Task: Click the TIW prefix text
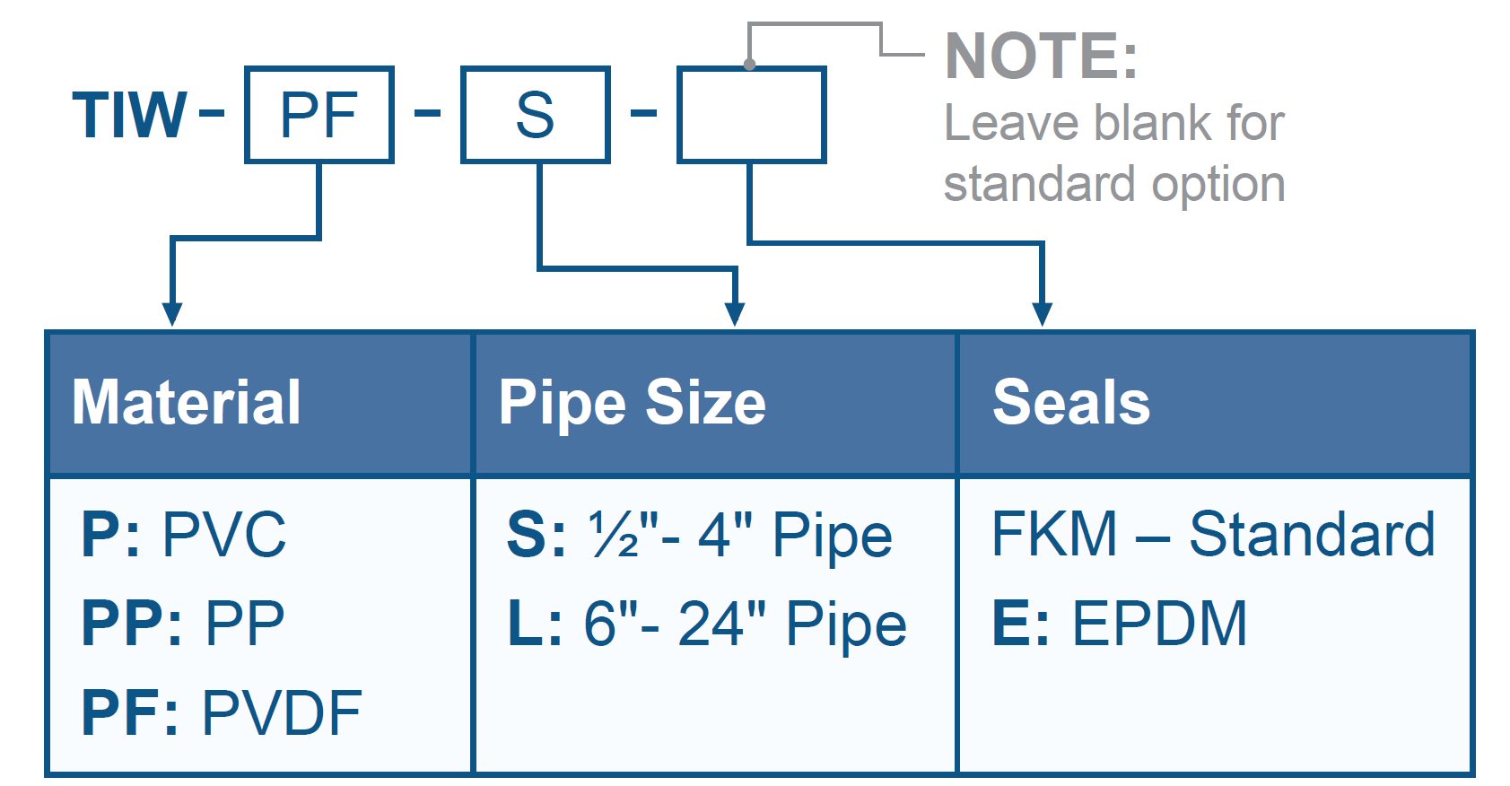click(x=129, y=116)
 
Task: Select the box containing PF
click(x=319, y=115)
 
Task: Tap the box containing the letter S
click(x=536, y=115)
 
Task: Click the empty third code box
click(x=751, y=115)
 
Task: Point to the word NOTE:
click(x=1041, y=57)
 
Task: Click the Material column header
click(x=187, y=402)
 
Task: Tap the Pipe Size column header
click(x=632, y=402)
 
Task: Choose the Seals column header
click(x=1071, y=402)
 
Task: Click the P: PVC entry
click(x=184, y=535)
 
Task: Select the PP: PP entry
click(x=183, y=623)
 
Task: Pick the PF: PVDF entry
click(x=222, y=713)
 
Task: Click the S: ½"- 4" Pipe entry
click(x=699, y=536)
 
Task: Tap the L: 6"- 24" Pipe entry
click(x=707, y=624)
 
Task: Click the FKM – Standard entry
click(x=1213, y=535)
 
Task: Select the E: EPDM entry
click(x=1120, y=623)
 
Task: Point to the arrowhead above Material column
click(x=172, y=314)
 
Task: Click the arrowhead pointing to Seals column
click(x=1042, y=314)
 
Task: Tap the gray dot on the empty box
click(x=749, y=65)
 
